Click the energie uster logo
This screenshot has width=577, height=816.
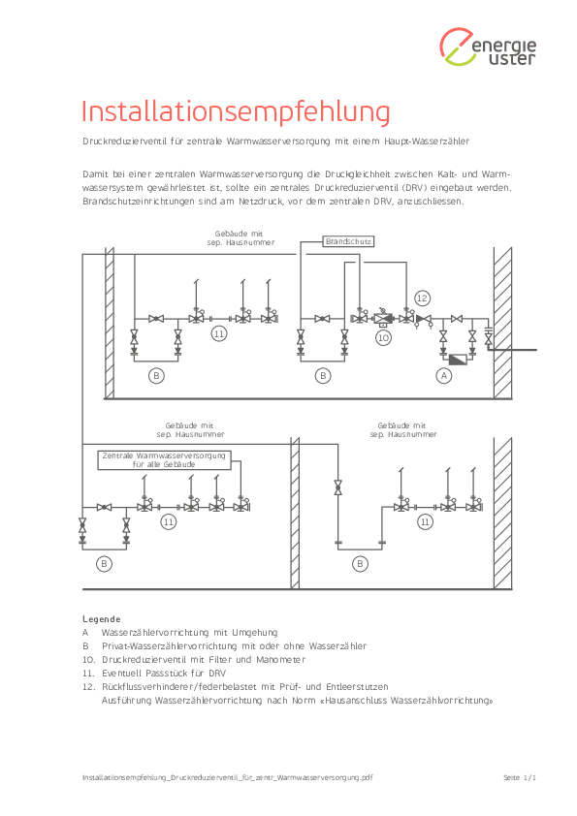[488, 47]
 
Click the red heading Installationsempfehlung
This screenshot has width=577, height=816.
[236, 111]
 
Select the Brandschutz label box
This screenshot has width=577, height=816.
[348, 241]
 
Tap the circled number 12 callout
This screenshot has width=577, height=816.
[422, 298]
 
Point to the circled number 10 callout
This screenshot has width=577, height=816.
[383, 338]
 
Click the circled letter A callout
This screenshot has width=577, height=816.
[444, 376]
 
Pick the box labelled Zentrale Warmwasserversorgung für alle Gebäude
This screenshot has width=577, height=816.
[165, 460]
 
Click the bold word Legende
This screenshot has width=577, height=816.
[102, 618]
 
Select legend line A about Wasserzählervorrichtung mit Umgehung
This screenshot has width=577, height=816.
[180, 633]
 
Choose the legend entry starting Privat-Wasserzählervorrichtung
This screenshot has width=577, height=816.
[224, 646]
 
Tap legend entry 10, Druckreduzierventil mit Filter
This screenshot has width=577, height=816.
[194, 660]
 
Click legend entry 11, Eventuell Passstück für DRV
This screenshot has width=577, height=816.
[154, 674]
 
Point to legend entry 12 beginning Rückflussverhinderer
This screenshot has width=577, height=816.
[236, 687]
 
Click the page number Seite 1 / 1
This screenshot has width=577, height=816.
[520, 777]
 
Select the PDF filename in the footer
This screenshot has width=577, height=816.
[228, 777]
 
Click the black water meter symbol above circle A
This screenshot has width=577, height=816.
[459, 360]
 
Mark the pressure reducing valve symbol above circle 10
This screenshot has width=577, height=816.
[383, 318]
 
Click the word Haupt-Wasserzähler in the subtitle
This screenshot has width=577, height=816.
[427, 141]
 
